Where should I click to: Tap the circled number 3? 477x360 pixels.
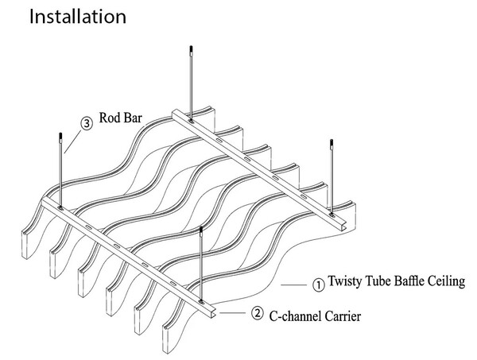[x=87, y=124]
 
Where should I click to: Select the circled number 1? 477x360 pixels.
[x=317, y=282]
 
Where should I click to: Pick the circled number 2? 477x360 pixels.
[x=257, y=314]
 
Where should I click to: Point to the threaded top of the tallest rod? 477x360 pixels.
[x=191, y=56]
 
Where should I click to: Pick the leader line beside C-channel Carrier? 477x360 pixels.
[x=234, y=313]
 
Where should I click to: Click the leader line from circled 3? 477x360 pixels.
[x=72, y=141]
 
